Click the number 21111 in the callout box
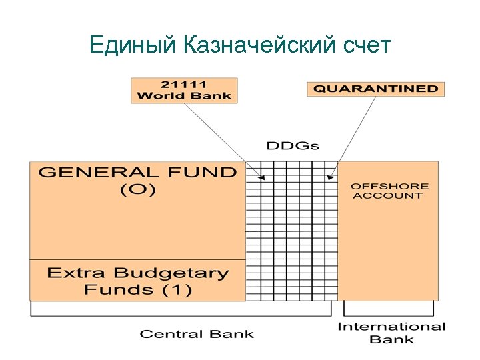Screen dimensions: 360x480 point(183,85)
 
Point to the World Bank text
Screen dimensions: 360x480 point(183,95)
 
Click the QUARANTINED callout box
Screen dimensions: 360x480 point(375,89)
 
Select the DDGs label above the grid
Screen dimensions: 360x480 point(293,145)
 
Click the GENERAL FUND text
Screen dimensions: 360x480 point(137,173)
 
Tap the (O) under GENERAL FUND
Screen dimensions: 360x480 point(137,189)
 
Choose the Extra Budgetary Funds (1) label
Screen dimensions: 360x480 point(137,281)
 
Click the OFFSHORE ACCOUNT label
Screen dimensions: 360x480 point(390,191)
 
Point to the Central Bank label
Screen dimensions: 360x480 point(197,333)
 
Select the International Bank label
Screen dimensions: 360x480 point(391,333)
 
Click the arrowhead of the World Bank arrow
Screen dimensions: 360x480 point(263,178)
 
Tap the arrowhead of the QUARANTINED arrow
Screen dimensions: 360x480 point(329,178)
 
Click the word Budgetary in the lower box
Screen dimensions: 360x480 point(171,273)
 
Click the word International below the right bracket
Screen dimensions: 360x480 point(391,327)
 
